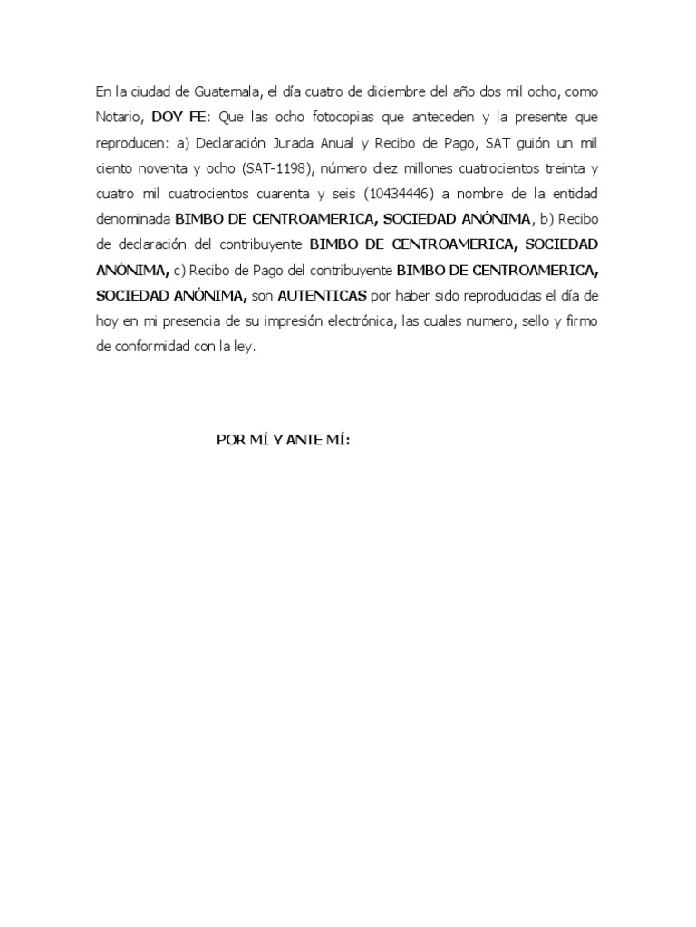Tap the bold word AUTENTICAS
pyautogui.click(x=322, y=295)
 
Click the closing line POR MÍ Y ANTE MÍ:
pyautogui.click(x=284, y=440)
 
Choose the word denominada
pyautogui.click(x=132, y=218)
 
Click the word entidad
pyautogui.click(x=574, y=193)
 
